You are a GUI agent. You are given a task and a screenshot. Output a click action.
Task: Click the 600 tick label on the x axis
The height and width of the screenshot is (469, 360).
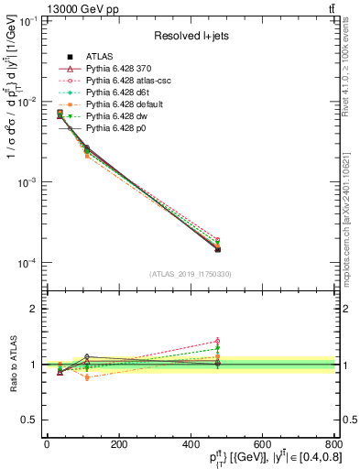click(x=262, y=444)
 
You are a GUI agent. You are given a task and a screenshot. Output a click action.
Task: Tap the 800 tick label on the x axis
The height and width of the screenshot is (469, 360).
click(x=332, y=444)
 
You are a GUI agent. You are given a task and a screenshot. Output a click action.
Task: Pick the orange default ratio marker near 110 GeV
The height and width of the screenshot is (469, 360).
click(x=87, y=376)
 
